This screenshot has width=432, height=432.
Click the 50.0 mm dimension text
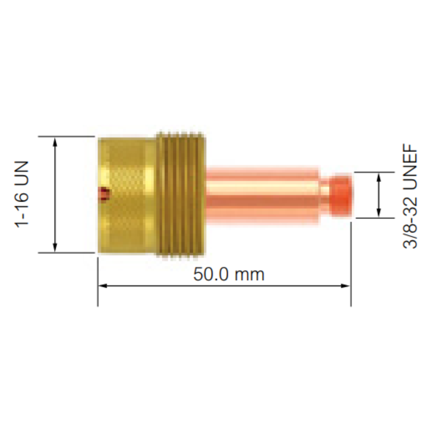point(229,274)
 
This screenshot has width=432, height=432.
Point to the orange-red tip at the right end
point(341,195)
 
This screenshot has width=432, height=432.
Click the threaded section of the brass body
point(181,194)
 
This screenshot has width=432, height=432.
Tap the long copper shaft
point(263,195)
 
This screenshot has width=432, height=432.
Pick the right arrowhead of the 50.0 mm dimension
point(345,286)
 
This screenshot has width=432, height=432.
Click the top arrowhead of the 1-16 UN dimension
point(55,143)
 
